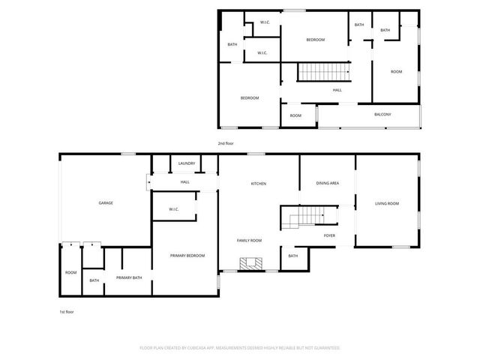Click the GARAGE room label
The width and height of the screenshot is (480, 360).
point(106,203)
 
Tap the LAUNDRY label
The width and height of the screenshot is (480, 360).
point(187,163)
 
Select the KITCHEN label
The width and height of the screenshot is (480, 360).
point(259,184)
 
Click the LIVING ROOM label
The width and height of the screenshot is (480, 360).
point(387,203)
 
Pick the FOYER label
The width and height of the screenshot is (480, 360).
point(329,235)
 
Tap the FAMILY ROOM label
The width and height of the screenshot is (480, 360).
point(249,240)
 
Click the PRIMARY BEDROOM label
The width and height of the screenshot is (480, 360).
point(187,256)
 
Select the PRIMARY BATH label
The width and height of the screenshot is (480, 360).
point(129,277)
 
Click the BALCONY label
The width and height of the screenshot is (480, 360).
point(382,114)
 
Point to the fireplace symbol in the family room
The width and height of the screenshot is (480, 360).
point(250,263)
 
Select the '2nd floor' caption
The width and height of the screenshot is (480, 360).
point(226,142)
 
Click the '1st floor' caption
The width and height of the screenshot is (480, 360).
point(67,311)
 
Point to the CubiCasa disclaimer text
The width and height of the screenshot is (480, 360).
point(240,348)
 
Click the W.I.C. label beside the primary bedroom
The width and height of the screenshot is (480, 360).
point(173,209)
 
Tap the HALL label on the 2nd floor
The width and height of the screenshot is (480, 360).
point(337,90)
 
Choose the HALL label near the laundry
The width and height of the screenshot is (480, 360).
point(184,182)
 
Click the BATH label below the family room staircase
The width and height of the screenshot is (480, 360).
point(292,256)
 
